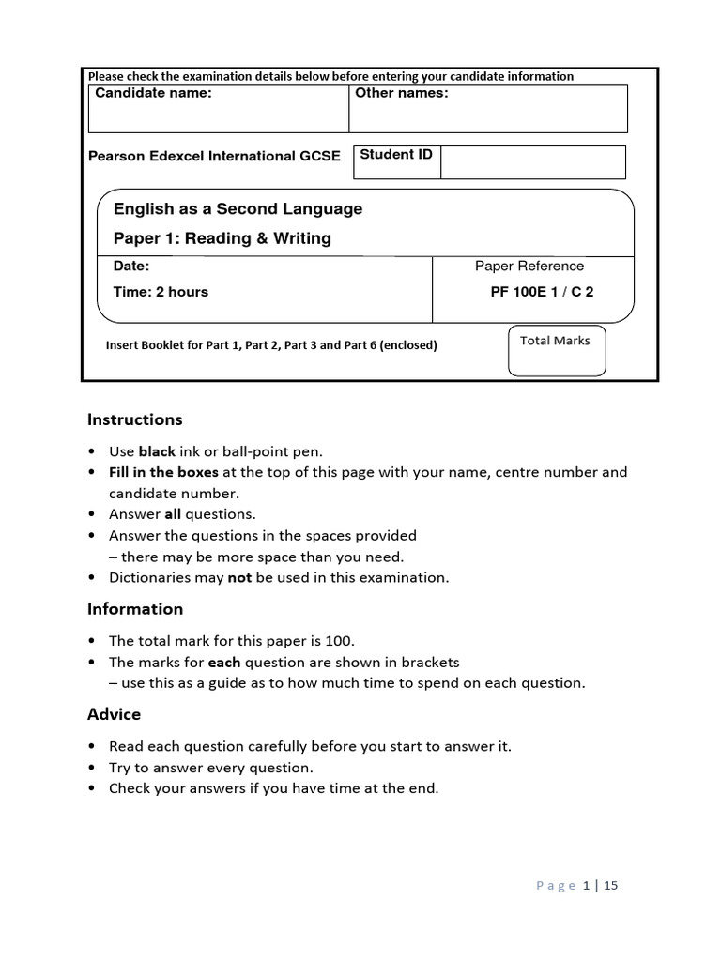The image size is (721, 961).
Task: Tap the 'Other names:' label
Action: (x=401, y=93)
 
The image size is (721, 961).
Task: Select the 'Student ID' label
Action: (x=396, y=154)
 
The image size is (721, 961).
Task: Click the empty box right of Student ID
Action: (x=532, y=162)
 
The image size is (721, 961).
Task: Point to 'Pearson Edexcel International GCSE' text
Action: (x=214, y=156)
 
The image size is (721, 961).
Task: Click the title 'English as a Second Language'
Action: (x=238, y=208)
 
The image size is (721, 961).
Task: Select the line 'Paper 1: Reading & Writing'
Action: (x=222, y=238)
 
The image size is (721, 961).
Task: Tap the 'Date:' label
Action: (x=131, y=267)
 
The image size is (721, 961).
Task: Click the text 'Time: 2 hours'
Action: (x=161, y=292)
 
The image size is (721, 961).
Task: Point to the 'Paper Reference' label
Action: (x=529, y=266)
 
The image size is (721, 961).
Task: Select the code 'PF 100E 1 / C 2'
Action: (x=542, y=292)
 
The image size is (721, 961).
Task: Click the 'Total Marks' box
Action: (x=556, y=351)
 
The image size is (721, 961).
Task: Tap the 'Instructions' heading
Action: (x=135, y=419)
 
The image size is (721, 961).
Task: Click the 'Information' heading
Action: (x=135, y=609)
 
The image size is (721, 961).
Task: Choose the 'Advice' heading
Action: (x=114, y=714)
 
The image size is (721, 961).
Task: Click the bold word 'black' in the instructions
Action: (x=157, y=451)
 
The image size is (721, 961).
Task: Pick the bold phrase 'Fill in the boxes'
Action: (x=163, y=472)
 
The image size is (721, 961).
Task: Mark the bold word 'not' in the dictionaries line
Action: (x=239, y=578)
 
